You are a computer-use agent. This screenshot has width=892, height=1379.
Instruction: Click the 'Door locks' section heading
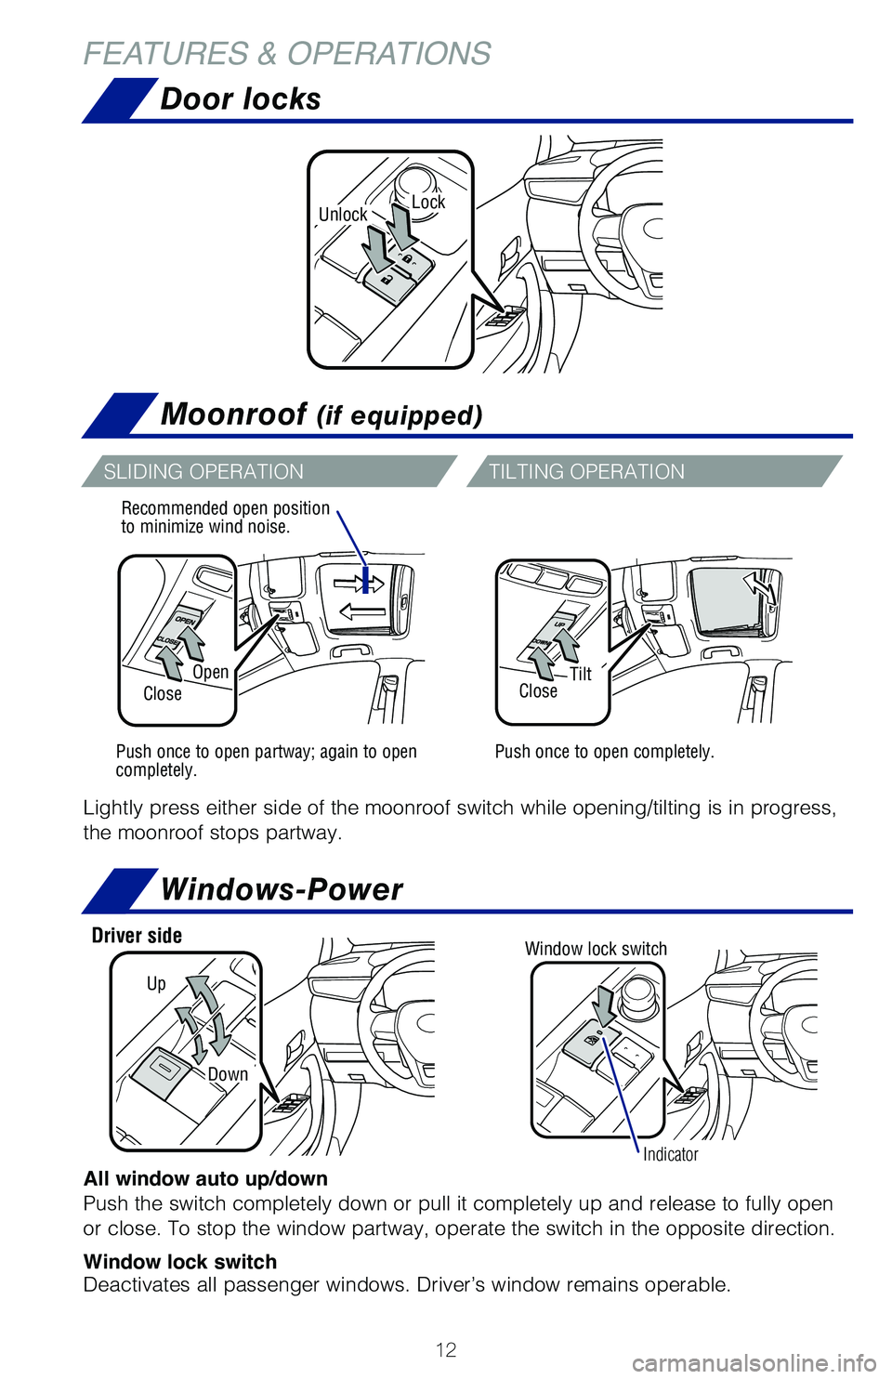(x=240, y=98)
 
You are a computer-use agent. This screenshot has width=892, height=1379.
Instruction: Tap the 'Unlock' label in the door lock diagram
(x=343, y=215)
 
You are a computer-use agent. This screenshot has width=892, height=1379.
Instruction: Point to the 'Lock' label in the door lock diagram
(x=428, y=202)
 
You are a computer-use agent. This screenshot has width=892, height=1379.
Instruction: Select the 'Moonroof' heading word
(x=233, y=414)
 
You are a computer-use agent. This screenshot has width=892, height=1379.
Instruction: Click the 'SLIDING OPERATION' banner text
(x=203, y=471)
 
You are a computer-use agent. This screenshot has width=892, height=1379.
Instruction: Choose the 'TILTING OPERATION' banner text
(x=586, y=471)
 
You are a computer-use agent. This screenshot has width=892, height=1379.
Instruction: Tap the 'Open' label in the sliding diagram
(x=211, y=672)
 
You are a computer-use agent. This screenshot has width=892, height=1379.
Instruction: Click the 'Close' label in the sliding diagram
(x=163, y=693)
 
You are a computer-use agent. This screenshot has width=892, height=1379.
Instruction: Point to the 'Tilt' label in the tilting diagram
(x=581, y=674)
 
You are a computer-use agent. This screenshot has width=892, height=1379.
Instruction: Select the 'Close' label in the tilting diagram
(x=538, y=690)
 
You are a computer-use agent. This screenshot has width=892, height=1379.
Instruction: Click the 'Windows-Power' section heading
(x=282, y=889)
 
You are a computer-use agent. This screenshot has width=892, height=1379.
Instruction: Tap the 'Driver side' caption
(x=137, y=935)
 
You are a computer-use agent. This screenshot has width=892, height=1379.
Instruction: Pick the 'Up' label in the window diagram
(x=156, y=983)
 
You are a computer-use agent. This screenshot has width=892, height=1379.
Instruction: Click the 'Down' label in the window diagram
(x=228, y=1074)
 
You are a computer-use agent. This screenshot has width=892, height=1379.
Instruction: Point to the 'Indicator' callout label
(x=670, y=1154)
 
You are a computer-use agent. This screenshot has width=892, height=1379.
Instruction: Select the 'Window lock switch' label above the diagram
(x=596, y=948)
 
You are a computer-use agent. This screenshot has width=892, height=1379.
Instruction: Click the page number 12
(x=446, y=1349)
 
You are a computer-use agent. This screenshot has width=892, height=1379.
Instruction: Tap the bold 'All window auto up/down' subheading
(x=205, y=1178)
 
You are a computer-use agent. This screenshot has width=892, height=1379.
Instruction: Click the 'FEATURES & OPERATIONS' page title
(x=287, y=54)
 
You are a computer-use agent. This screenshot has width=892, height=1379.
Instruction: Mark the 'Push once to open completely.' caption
(x=604, y=751)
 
